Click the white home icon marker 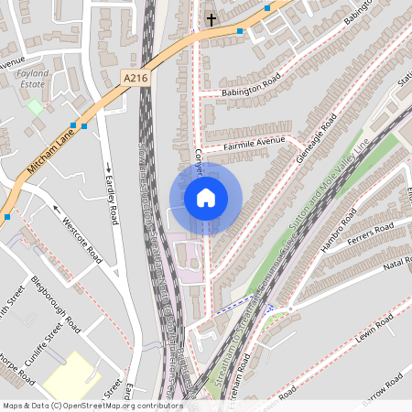coord(206,198)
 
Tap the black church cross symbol coord(211,18)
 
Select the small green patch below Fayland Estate coord(35,107)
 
